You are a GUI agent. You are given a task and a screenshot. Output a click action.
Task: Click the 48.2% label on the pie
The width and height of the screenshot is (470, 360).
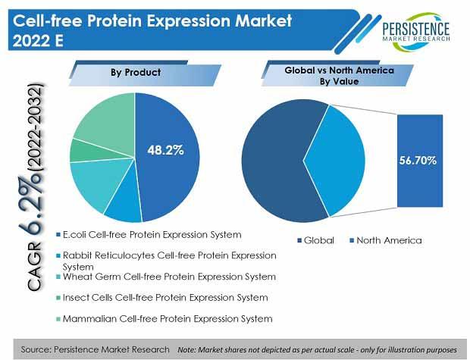click(165, 150)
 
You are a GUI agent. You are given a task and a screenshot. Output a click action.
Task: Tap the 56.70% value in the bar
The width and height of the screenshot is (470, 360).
click(418, 161)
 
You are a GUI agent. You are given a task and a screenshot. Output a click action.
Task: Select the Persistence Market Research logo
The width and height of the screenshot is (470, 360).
click(416, 31)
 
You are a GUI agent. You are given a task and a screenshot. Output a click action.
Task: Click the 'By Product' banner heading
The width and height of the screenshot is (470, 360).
click(136, 73)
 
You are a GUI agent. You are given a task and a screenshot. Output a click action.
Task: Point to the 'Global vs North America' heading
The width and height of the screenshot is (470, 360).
click(340, 70)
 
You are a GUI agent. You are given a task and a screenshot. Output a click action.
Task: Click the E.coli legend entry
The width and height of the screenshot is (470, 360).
click(149, 235)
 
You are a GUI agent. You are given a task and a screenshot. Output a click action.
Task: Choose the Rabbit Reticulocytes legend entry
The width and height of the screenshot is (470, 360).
click(166, 261)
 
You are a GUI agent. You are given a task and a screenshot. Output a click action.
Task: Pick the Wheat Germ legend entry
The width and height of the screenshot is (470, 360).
click(166, 277)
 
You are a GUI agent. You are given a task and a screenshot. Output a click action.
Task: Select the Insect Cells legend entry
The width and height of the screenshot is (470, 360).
click(162, 298)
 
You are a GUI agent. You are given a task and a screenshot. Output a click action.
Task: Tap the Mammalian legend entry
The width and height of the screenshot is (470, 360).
click(164, 318)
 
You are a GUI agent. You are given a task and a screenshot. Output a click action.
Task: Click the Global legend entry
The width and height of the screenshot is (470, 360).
click(315, 240)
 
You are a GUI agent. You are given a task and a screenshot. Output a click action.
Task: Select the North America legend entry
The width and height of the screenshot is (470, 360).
click(386, 240)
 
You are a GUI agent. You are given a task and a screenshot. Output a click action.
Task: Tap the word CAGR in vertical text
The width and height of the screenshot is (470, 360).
click(33, 266)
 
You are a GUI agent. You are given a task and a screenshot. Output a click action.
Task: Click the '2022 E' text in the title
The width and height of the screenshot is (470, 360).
click(38, 40)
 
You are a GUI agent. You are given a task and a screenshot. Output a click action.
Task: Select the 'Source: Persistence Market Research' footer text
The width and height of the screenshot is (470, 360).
click(95, 349)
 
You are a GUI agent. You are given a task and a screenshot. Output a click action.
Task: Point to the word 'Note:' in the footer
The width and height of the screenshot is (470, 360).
click(186, 350)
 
